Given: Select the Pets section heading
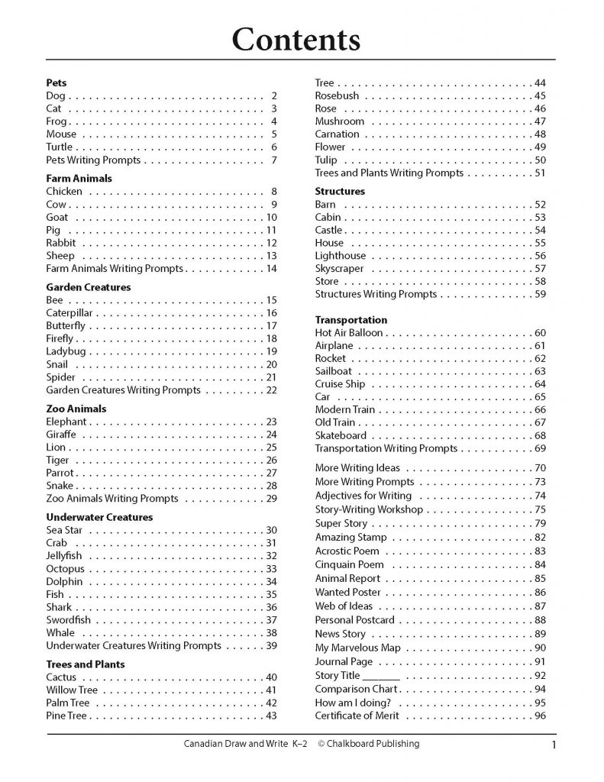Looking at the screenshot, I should click(57, 82).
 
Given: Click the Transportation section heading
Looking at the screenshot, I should click(350, 320).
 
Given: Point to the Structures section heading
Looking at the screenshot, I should click(340, 191).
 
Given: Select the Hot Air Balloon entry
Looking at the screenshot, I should click(349, 333).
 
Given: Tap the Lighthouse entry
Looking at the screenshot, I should click(340, 256).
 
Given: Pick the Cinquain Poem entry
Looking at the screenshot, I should click(349, 564).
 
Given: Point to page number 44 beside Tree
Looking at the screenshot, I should click(540, 82).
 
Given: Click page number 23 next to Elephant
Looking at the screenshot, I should click(270, 422).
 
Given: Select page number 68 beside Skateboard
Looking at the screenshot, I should click(540, 435).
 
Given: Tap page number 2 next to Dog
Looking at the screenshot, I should click(273, 96).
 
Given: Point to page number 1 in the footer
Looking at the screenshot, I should click(551, 745).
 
